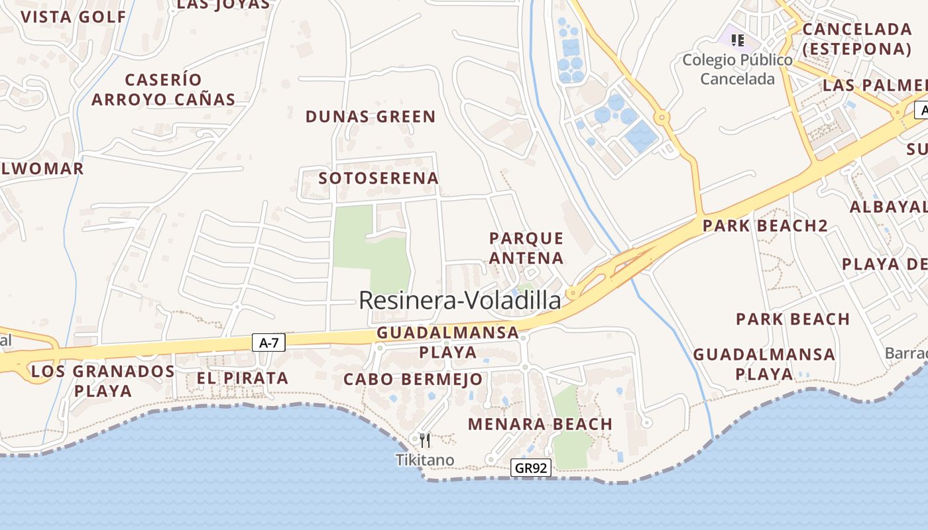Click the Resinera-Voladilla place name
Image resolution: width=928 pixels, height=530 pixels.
tap(459, 301)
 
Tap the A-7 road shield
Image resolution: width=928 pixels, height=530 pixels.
tap(268, 343)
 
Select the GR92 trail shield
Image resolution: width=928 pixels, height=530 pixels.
tap(531, 468)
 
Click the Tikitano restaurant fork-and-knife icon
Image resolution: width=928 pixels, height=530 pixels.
tap(426, 440)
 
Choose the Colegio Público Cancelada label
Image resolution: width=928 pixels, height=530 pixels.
tap(737, 70)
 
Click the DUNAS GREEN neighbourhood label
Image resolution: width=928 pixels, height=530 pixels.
tap(371, 117)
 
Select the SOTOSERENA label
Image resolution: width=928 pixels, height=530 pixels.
tap(378, 178)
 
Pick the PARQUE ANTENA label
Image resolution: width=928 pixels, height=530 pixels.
tap(526, 248)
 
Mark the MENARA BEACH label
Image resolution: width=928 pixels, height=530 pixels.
tap(540, 424)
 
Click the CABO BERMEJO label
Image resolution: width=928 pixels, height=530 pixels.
tap(413, 380)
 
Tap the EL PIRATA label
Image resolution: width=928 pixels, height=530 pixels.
tap(243, 378)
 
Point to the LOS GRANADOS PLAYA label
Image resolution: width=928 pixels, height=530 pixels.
tap(103, 380)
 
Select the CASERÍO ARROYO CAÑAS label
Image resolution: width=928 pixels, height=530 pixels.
tap(163, 89)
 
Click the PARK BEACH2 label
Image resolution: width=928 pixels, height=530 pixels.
tap(765, 226)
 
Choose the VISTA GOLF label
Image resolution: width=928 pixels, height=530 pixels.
tap(73, 17)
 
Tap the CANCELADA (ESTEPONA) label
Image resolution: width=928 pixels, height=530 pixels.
tap(856, 39)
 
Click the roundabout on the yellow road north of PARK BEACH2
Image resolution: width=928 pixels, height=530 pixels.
tap(662, 118)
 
